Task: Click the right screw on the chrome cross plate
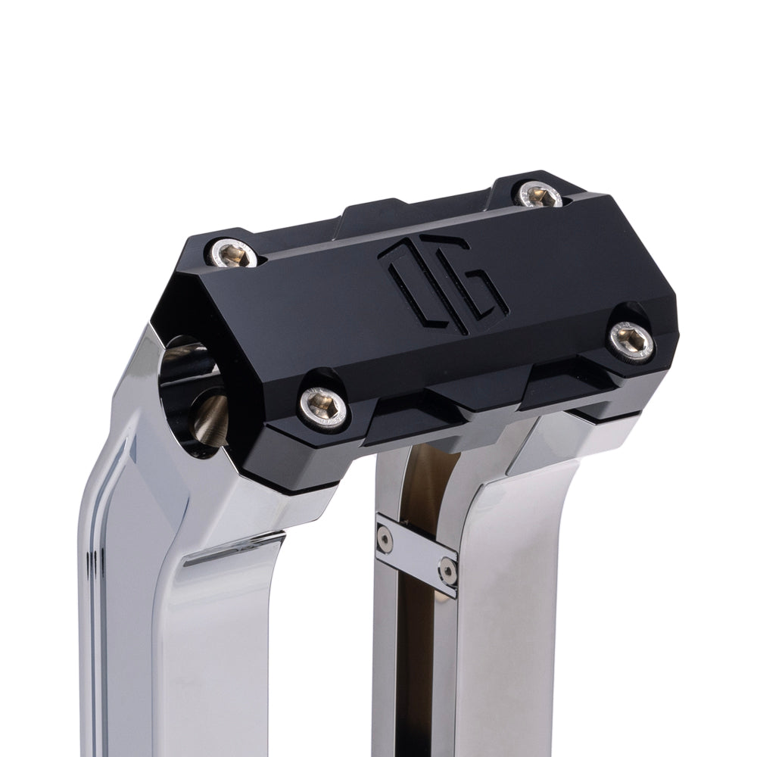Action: click(x=448, y=571)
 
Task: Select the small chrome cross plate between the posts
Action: click(x=417, y=554)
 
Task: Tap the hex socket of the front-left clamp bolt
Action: click(x=322, y=407)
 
